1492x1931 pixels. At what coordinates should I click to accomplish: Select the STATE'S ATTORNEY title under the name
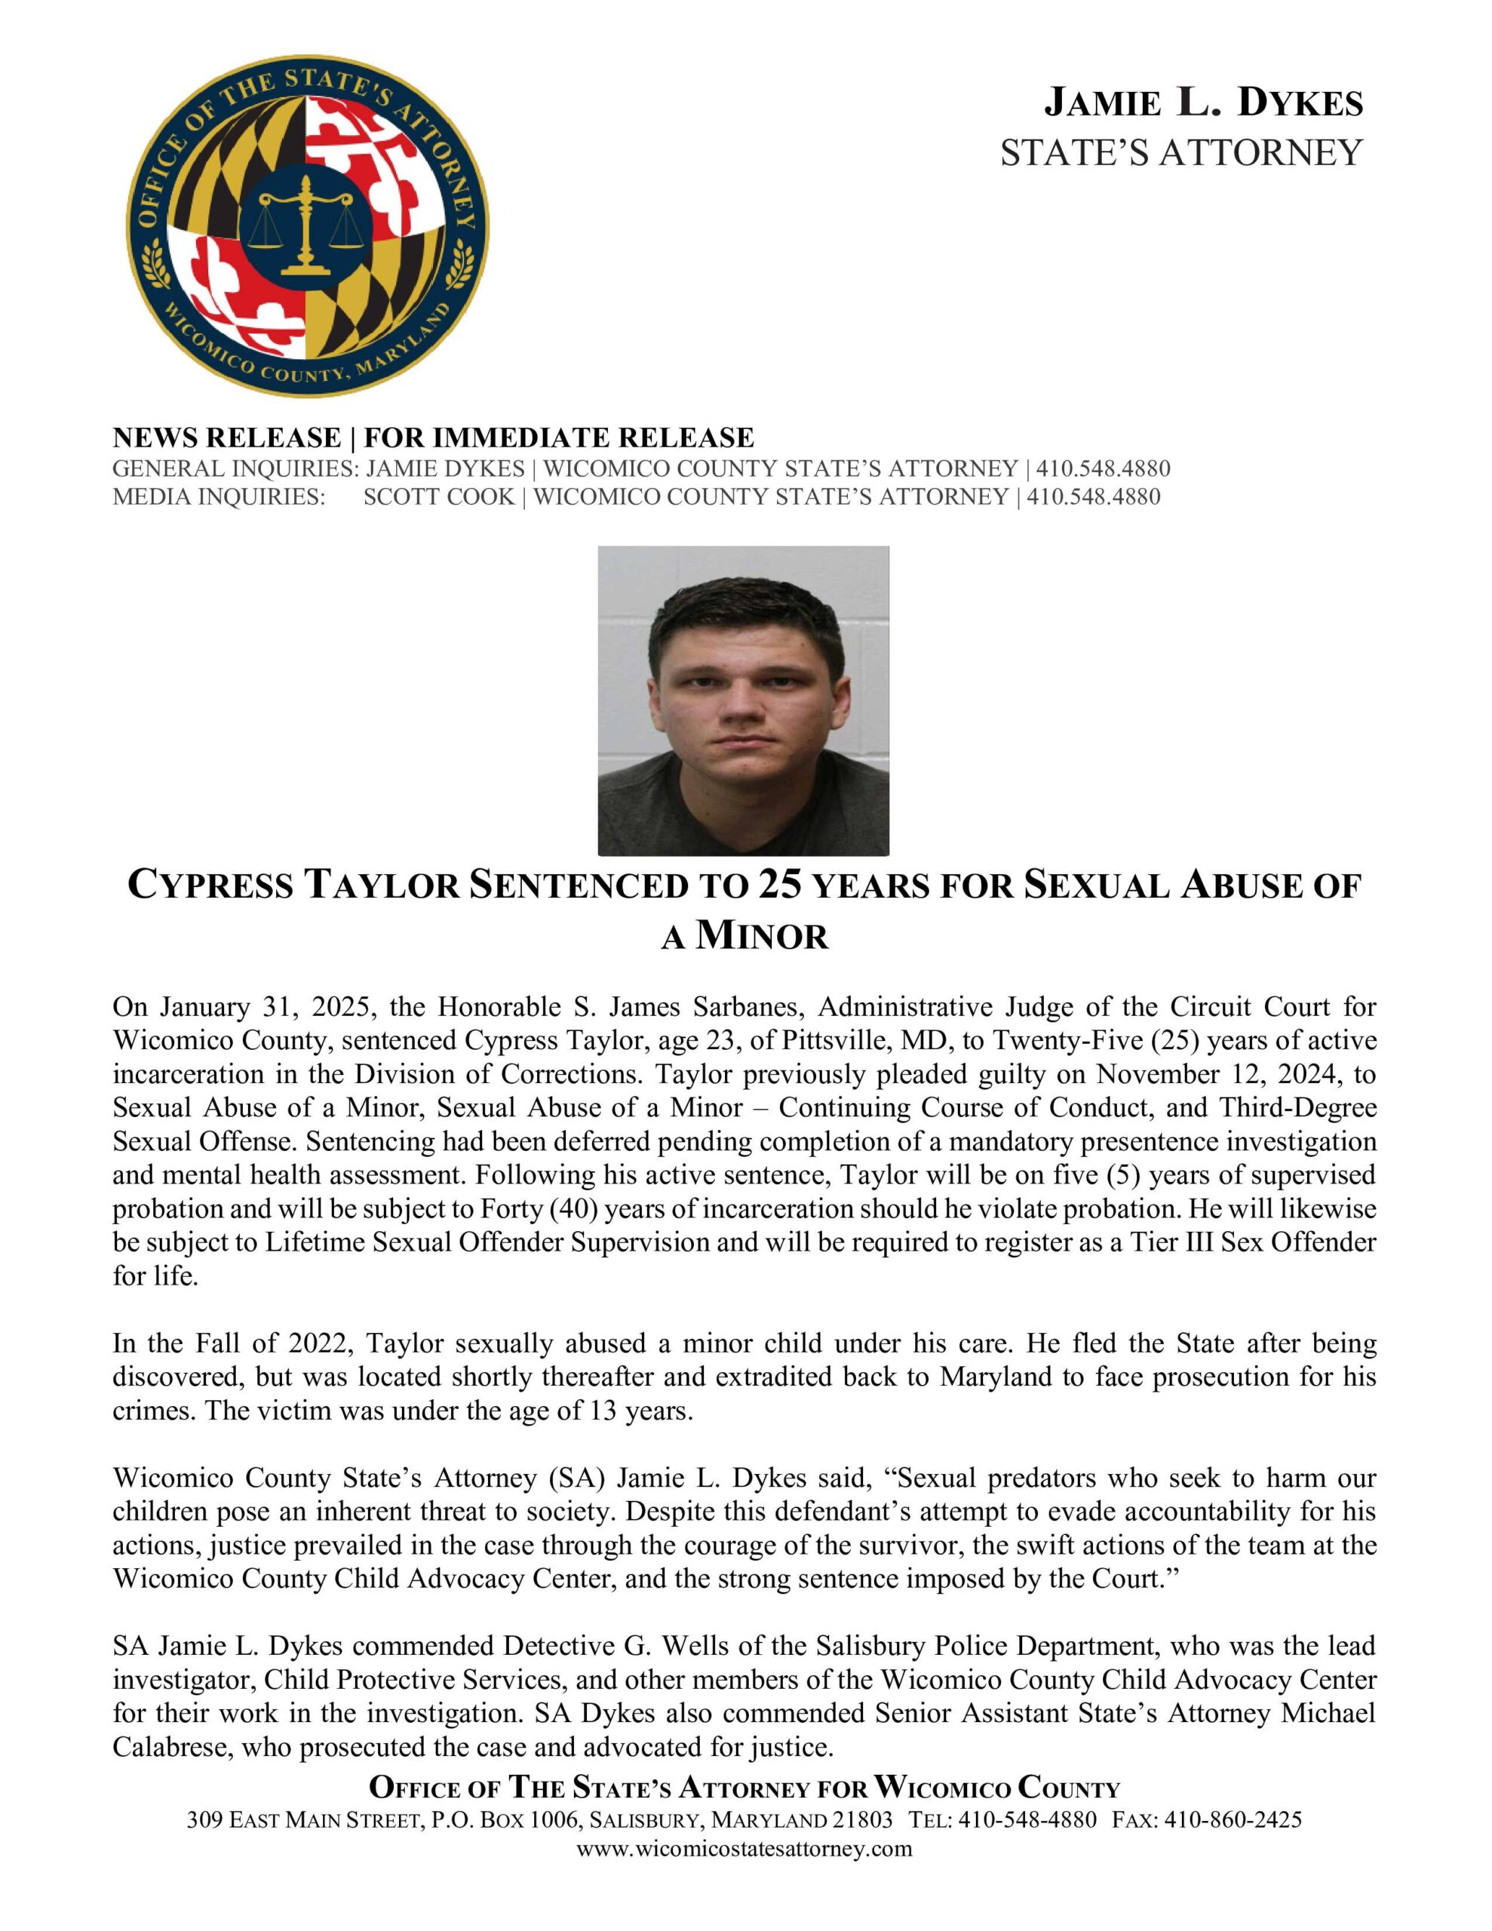[x=1180, y=153]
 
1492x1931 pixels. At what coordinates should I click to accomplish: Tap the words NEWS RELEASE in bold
[x=226, y=437]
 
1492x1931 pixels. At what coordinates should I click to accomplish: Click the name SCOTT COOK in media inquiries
[x=439, y=496]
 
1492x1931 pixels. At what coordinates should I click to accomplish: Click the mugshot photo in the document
[x=743, y=700]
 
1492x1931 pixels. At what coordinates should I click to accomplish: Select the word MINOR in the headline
[x=762, y=935]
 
